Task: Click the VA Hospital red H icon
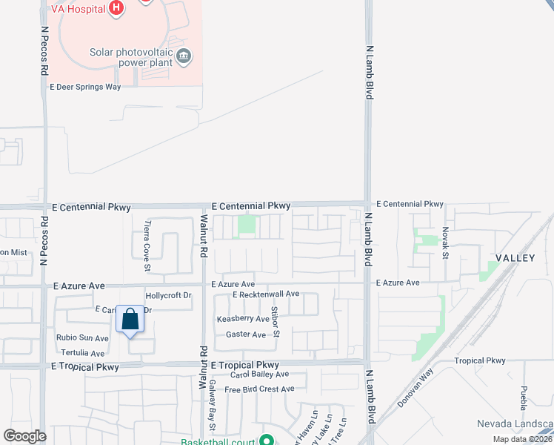116,8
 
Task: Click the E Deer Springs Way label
85,87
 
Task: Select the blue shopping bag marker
130,320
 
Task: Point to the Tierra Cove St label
148,236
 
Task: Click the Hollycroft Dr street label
169,295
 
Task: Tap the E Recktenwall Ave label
265,294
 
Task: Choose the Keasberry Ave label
243,319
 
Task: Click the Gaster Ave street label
246,335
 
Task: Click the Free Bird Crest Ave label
259,389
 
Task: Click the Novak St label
446,243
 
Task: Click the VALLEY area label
515,258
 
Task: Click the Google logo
24,436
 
